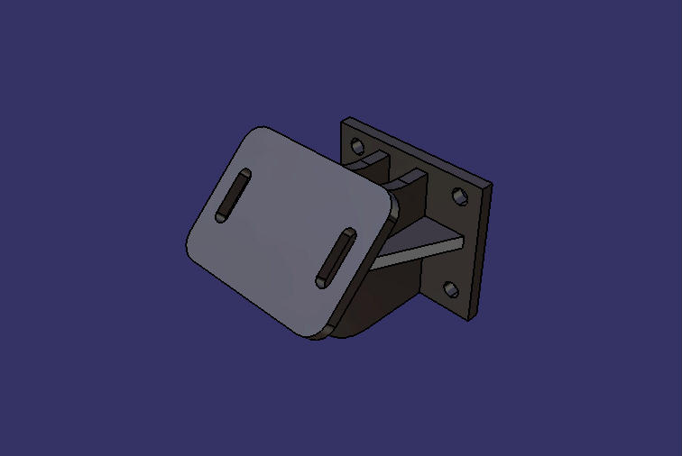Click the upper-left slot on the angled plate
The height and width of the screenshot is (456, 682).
click(233, 195)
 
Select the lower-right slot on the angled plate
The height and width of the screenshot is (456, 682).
click(335, 258)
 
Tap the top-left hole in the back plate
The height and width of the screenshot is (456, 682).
click(357, 144)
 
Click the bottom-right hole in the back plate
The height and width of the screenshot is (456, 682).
click(449, 290)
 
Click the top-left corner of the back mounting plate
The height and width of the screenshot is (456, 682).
click(344, 121)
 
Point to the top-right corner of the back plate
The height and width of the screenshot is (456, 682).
click(490, 187)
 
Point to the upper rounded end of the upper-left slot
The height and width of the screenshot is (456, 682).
click(244, 175)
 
